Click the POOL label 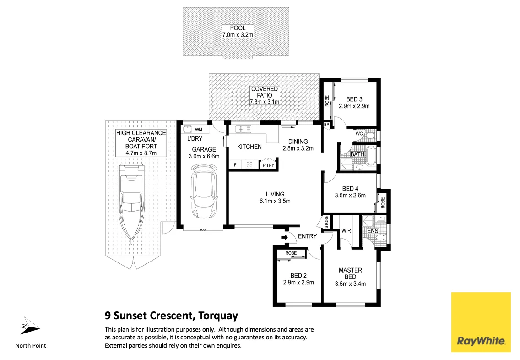pyautogui.click(x=238, y=28)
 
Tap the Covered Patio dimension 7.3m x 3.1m pyautogui.click(x=265, y=102)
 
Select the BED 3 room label pyautogui.click(x=354, y=99)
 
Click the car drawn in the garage pyautogui.click(x=204, y=192)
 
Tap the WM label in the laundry pyautogui.click(x=199, y=130)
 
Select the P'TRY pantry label pyautogui.click(x=268, y=165)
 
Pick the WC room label pyautogui.click(x=359, y=134)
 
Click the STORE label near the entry pyautogui.click(x=327, y=222)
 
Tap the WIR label pyautogui.click(x=346, y=230)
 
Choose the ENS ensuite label pyautogui.click(x=373, y=230)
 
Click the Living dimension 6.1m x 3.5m pyautogui.click(x=275, y=201)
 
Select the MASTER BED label pyautogui.click(x=350, y=273)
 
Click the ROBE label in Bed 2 pyautogui.click(x=291, y=253)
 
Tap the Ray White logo pyautogui.click(x=481, y=322)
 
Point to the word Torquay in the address pyautogui.click(x=218, y=316)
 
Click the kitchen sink pyautogui.click(x=243, y=129)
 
